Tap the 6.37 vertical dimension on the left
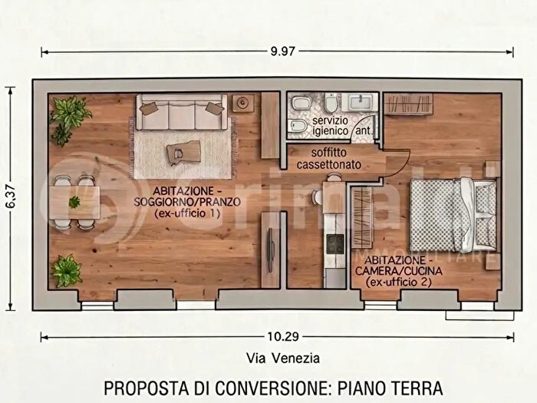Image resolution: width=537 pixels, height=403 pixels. (10, 198)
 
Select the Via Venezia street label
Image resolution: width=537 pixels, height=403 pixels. (283, 358)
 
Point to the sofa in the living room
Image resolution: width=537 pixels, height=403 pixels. (181, 113)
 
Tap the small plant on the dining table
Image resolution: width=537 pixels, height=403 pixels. (74, 202)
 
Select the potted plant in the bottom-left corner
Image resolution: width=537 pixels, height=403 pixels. (66, 271)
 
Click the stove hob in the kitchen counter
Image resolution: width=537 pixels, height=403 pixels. (335, 245)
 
